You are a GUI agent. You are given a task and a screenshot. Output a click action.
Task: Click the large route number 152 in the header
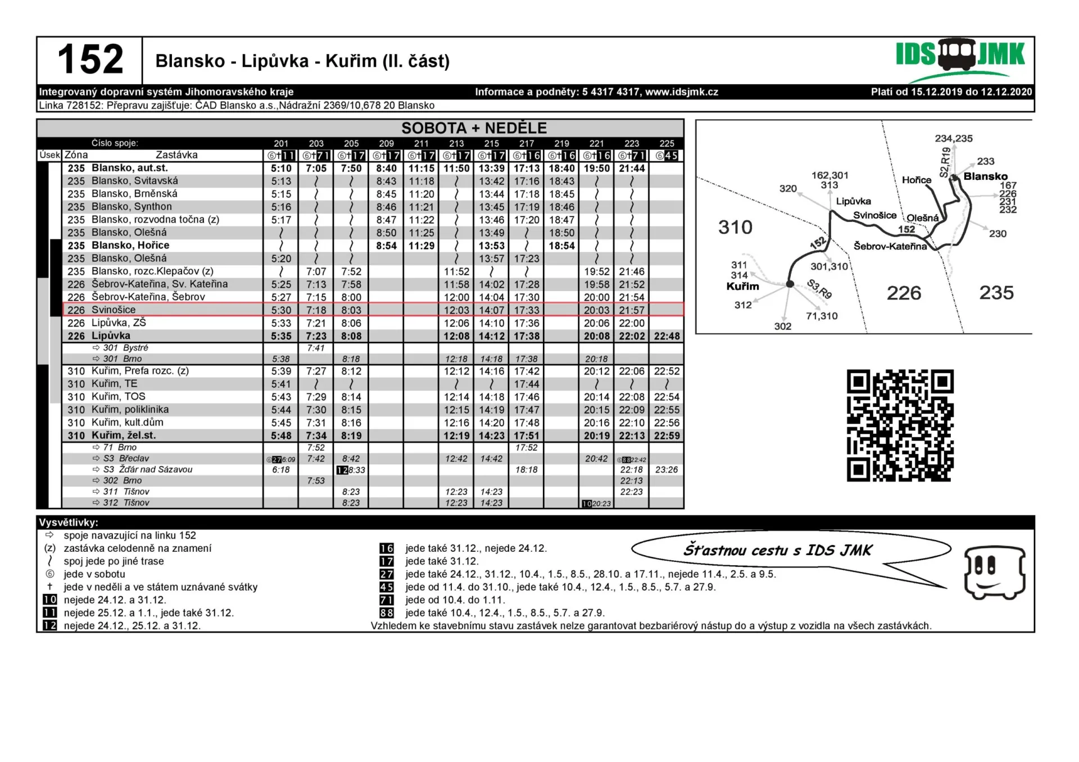[x=90, y=60]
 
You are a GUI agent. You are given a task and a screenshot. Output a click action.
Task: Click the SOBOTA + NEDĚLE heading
[x=473, y=128]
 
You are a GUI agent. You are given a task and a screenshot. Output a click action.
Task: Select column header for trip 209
[x=386, y=143]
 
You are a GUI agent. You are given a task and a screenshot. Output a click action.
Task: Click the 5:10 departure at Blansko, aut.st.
[x=281, y=168]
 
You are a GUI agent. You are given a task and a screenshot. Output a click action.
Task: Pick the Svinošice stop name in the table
[x=114, y=310]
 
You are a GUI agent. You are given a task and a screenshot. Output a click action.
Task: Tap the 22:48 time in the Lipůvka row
[x=667, y=336]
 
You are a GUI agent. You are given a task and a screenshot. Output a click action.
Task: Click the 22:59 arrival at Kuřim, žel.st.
[x=667, y=436]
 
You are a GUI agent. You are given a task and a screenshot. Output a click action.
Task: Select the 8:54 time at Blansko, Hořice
[x=386, y=246]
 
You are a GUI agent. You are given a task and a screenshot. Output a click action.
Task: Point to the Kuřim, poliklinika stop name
[x=130, y=410]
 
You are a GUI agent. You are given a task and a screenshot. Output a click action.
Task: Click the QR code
[x=900, y=425]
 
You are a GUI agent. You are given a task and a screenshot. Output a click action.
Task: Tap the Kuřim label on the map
[x=742, y=286]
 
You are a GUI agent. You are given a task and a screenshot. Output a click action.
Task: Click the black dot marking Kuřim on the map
[x=790, y=284]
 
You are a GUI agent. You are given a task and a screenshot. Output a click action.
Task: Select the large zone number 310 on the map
[x=735, y=227]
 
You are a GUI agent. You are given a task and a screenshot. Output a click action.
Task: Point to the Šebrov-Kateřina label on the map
[x=890, y=246]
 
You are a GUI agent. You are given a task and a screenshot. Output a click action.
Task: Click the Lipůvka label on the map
[x=853, y=201]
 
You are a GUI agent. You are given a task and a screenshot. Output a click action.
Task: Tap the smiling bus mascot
[x=994, y=572]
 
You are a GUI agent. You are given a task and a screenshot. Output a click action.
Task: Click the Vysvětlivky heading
[x=69, y=523]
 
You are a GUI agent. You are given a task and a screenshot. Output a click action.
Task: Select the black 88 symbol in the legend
[x=387, y=613]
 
